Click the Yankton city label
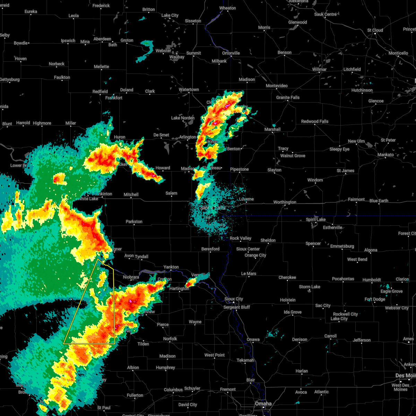(x=171, y=267)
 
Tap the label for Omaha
(x=263, y=404)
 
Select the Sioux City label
(x=234, y=299)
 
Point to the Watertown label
(x=189, y=90)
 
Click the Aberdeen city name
(x=102, y=39)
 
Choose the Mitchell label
(x=131, y=194)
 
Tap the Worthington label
(x=285, y=202)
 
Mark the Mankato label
(x=385, y=155)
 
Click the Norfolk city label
(x=170, y=339)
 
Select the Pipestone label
(x=240, y=169)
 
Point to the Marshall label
(x=272, y=129)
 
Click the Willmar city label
(x=319, y=69)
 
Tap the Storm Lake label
(x=310, y=287)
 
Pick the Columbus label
(x=173, y=390)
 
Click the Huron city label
(x=120, y=137)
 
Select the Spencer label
(x=313, y=243)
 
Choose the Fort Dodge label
(x=375, y=299)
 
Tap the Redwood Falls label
(x=314, y=121)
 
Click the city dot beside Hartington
(x=180, y=292)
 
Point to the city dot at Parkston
(x=134, y=226)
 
